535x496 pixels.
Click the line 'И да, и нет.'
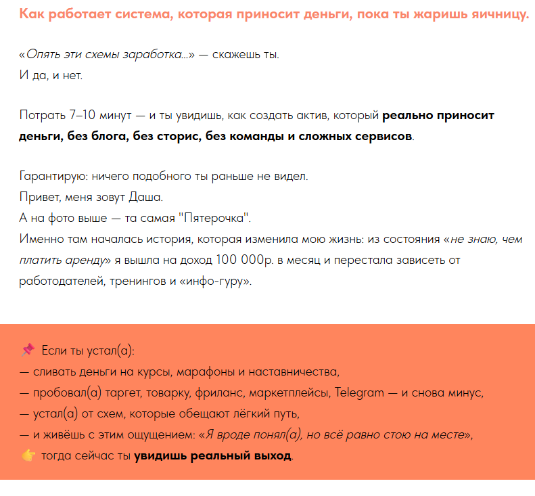click(51, 74)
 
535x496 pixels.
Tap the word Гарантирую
click(54, 176)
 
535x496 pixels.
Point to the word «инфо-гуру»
click(214, 280)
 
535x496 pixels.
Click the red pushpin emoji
click(28, 351)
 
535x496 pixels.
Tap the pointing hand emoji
click(28, 455)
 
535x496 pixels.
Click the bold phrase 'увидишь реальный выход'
click(212, 455)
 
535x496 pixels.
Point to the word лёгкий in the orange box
click(250, 413)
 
